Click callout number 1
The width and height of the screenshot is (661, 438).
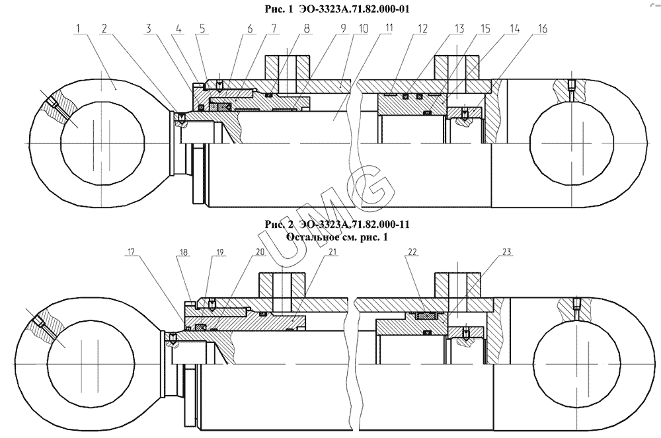(x=79, y=28)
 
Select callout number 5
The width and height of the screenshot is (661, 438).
(x=202, y=28)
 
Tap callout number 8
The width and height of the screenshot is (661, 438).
(x=307, y=28)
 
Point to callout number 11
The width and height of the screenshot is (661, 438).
(x=389, y=28)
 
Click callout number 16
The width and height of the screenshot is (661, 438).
(x=542, y=28)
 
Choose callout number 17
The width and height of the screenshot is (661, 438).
(x=131, y=252)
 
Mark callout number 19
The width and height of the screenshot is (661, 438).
(x=219, y=252)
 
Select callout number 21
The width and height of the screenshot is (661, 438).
(x=333, y=252)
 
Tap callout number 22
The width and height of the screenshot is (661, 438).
(x=412, y=252)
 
